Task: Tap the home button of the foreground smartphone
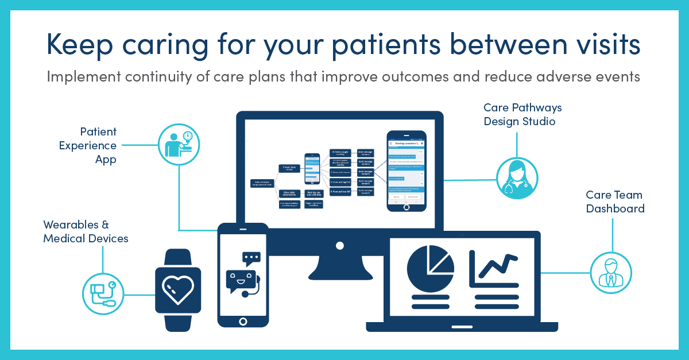pyautogui.click(x=243, y=321)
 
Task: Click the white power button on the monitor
pyautogui.click(x=340, y=245)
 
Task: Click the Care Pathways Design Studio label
pyautogui.click(x=522, y=114)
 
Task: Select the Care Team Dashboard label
pyautogui.click(x=615, y=202)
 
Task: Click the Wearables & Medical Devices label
pyautogui.click(x=86, y=231)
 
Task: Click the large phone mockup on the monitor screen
pyautogui.click(x=406, y=171)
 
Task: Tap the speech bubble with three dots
pyautogui.click(x=251, y=258)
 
